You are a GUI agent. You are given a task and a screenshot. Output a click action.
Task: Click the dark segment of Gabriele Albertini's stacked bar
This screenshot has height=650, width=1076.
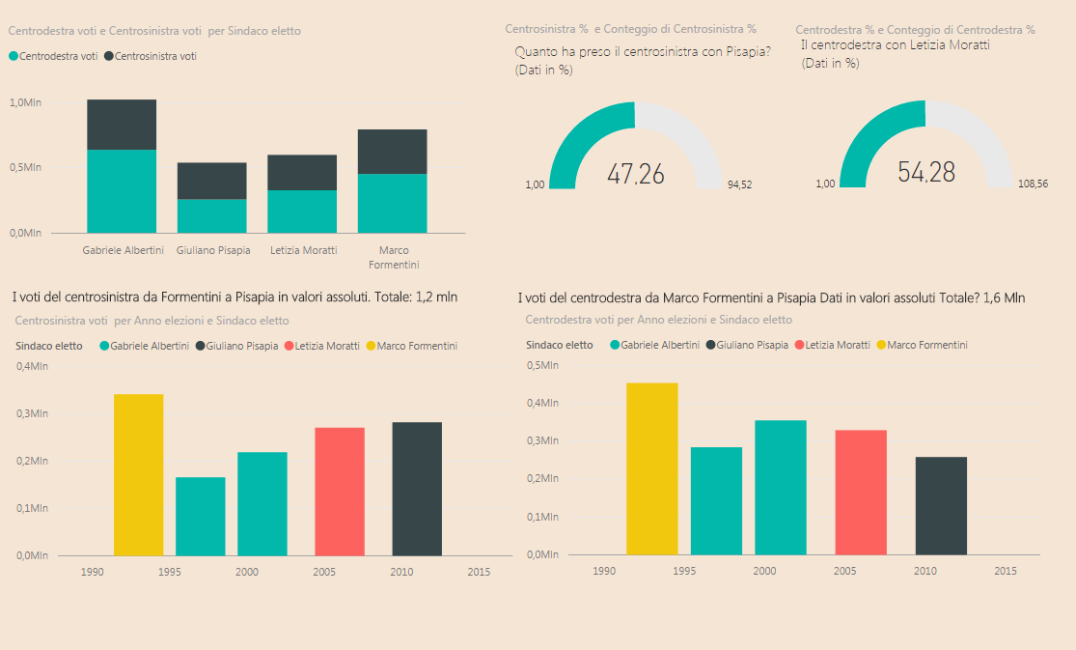point(122,125)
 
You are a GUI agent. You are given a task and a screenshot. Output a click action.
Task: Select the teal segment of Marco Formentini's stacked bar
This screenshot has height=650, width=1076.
point(392,203)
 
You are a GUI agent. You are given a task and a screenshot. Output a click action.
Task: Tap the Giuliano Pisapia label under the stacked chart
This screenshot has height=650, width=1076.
point(213,251)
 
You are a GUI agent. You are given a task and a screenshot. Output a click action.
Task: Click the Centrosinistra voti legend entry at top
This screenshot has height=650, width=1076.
point(155,57)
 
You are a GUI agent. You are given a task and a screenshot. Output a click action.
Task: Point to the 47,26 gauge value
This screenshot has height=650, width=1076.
point(635,174)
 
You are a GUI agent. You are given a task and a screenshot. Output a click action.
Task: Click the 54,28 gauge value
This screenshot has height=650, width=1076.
point(925,173)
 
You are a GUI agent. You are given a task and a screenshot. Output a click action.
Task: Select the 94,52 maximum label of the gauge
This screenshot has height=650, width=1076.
point(739,184)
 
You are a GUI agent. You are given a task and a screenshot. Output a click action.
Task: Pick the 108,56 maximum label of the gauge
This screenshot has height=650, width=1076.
point(1033,184)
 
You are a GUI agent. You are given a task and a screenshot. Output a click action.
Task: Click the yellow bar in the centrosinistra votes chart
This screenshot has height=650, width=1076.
point(138,474)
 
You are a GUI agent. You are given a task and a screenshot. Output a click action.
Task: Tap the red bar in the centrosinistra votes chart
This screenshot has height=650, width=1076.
point(340,491)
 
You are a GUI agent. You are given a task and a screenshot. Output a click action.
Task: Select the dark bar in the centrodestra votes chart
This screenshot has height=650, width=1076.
point(941,505)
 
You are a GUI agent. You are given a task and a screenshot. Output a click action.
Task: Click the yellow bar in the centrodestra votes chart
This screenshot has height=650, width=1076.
point(651,468)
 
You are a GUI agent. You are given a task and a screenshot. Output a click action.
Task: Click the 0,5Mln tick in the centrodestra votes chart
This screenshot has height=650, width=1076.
point(541,366)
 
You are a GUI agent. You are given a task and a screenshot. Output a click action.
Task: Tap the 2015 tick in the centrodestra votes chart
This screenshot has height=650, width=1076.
point(1005,572)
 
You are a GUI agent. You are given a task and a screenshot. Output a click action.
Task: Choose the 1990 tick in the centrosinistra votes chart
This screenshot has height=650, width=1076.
point(93,573)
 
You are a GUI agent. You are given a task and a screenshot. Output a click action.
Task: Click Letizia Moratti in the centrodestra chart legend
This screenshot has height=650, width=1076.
point(838,345)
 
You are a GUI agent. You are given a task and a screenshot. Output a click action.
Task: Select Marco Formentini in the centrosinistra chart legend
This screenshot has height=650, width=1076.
point(416,346)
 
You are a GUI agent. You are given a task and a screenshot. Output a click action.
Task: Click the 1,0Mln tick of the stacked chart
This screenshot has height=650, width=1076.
point(26,102)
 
